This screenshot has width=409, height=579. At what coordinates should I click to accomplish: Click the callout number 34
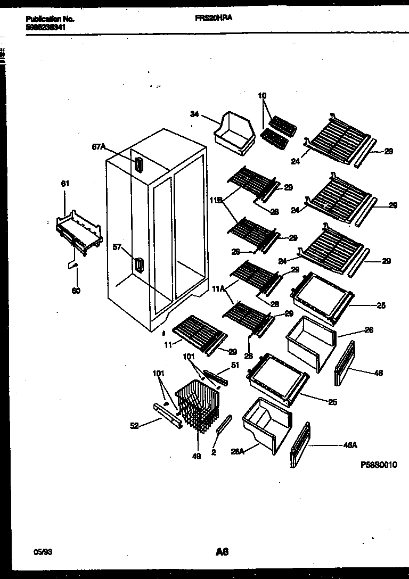pyautogui.click(x=195, y=114)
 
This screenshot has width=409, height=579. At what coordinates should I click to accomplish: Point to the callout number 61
pyautogui.click(x=65, y=184)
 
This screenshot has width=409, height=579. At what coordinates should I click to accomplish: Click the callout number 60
pyautogui.click(x=76, y=291)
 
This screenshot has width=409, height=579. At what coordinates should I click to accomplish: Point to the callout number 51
pyautogui.click(x=235, y=365)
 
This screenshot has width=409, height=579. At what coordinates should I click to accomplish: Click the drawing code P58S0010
pyautogui.click(x=378, y=465)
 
